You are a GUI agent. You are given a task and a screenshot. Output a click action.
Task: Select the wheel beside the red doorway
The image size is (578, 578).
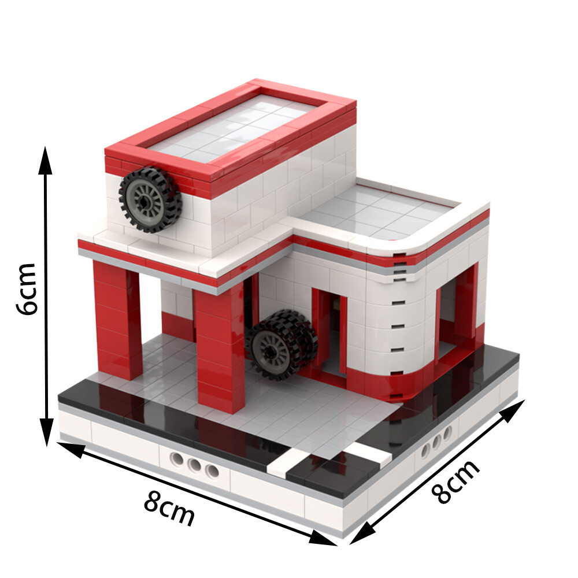(281, 345)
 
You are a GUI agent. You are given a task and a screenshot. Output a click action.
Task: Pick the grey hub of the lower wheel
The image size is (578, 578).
(272, 349)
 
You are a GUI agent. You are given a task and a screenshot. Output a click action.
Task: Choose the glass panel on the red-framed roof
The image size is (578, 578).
(231, 127)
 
